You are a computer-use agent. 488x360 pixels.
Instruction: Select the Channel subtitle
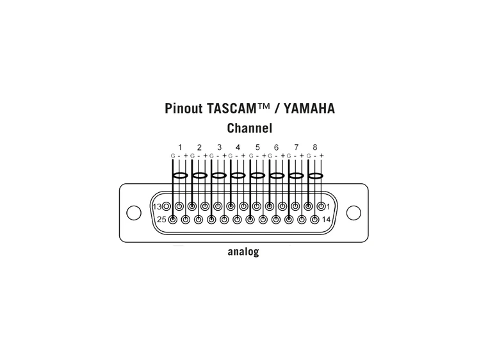tap(249, 127)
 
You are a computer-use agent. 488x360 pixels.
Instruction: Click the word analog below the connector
tap(243, 252)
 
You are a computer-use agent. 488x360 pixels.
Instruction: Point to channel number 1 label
tap(180, 147)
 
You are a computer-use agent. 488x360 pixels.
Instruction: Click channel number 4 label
tap(238, 147)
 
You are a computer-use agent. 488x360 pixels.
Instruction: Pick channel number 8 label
tap(315, 147)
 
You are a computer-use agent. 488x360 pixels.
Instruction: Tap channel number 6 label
tap(276, 147)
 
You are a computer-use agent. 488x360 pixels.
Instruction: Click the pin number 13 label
tap(157, 206)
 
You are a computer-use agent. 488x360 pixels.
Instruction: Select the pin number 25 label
tap(161, 220)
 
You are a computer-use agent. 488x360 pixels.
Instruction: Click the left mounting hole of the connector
tap(133, 212)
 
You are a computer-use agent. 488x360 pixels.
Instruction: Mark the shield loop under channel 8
tap(315, 175)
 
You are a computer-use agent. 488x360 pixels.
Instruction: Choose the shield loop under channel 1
tap(180, 175)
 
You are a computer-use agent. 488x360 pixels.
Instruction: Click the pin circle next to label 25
tap(172, 220)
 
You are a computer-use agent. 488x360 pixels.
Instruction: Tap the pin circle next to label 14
tap(314, 220)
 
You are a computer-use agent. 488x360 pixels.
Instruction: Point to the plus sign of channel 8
tap(321, 156)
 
